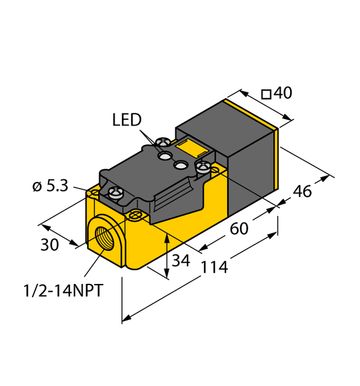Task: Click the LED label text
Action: click(126, 120)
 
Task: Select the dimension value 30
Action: click(50, 245)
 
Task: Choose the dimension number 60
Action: click(239, 229)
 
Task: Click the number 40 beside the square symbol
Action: click(283, 93)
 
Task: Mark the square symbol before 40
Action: click(265, 94)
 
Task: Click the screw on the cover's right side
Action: click(203, 166)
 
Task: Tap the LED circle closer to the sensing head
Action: click(182, 165)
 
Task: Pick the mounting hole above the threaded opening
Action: click(135, 215)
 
